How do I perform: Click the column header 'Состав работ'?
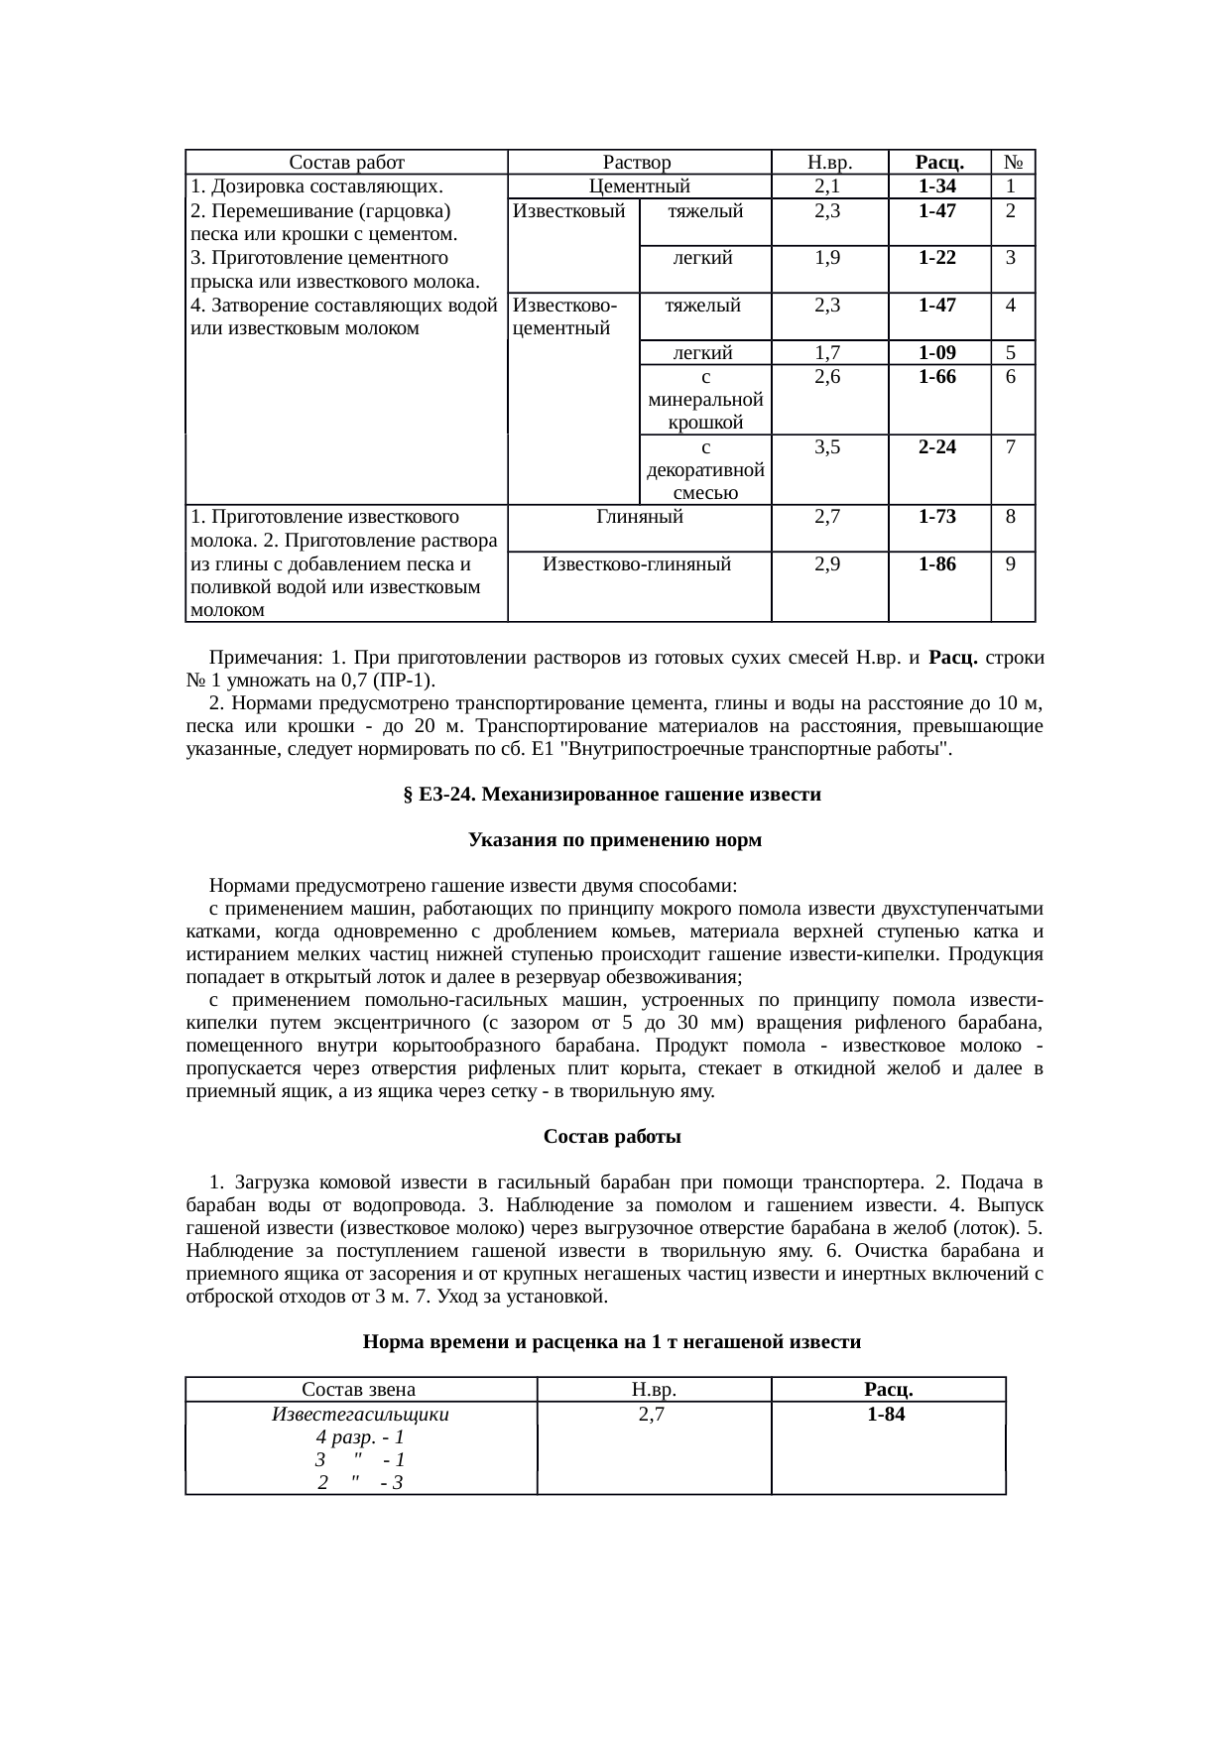coord(346,163)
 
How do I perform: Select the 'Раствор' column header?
coord(638,163)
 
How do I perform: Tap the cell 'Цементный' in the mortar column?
coord(639,187)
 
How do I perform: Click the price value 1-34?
coord(937,187)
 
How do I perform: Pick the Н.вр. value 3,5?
coord(828,446)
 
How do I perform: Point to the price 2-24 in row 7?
coord(937,446)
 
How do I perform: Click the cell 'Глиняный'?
coord(640,516)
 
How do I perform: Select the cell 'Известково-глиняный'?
coord(638,564)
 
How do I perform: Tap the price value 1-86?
coord(937,564)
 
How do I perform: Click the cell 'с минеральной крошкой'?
coord(705,400)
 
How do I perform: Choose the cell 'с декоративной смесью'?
coord(705,469)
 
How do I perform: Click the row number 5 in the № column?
coord(1010,352)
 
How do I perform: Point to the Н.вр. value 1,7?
coord(828,352)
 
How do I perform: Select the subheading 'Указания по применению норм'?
coord(615,840)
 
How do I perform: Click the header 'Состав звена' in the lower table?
coord(359,1389)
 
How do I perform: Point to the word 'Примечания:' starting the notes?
coord(266,659)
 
